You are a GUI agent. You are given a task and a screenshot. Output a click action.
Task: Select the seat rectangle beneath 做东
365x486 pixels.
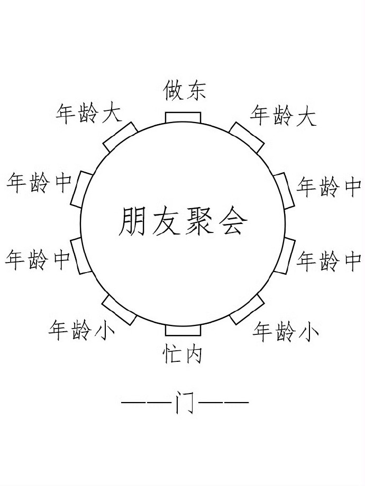(183, 117)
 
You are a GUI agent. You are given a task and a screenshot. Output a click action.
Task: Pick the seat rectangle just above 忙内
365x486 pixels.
(183, 330)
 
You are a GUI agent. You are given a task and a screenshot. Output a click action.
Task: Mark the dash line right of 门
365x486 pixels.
(224, 404)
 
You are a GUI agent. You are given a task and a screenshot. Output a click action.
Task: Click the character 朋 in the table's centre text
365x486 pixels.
(132, 221)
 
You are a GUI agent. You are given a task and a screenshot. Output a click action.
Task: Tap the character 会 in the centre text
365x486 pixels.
(233, 221)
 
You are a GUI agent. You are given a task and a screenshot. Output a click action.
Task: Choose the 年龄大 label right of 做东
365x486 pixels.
(283, 116)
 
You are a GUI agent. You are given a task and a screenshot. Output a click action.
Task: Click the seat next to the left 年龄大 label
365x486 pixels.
(120, 137)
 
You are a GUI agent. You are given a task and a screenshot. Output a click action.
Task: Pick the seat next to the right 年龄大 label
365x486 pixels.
(247, 137)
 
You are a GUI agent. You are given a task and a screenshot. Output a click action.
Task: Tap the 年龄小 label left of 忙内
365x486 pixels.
(81, 330)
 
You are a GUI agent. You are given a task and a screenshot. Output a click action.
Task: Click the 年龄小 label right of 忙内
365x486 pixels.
(286, 331)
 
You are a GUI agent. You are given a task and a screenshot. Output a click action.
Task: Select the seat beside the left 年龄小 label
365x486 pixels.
(120, 309)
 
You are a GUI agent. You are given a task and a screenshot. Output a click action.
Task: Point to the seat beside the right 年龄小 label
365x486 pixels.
(247, 309)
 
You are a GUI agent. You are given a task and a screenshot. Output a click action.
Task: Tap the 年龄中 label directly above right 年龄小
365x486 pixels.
(328, 261)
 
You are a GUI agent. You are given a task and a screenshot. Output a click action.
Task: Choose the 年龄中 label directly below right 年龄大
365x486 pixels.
(328, 186)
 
